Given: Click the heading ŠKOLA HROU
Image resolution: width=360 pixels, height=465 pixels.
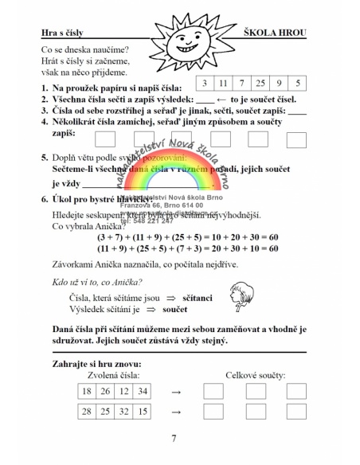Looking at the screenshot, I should click(x=286, y=34).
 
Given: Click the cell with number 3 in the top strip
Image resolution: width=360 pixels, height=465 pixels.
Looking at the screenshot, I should click(x=206, y=83).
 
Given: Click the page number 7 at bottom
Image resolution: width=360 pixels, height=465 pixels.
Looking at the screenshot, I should click(x=174, y=439).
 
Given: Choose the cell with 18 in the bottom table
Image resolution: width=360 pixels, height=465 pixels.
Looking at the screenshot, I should click(x=86, y=391).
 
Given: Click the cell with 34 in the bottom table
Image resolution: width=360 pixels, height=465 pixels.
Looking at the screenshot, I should click(x=142, y=391).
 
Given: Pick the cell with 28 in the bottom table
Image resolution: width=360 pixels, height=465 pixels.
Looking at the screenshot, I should click(x=86, y=412).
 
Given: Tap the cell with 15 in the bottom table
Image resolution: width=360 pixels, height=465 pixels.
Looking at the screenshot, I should click(x=142, y=412).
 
